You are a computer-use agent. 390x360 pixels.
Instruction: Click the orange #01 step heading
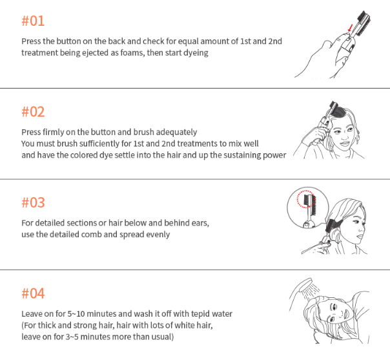(33, 21)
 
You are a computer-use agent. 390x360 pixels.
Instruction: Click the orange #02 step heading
(33, 112)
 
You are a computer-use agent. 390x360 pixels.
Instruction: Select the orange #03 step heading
(33, 202)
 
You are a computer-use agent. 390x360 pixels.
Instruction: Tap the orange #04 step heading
(33, 293)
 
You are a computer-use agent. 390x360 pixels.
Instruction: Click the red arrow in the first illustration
(351, 28)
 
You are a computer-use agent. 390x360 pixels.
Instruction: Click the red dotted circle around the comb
(306, 199)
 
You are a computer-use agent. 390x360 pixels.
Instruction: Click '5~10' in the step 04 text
(76, 313)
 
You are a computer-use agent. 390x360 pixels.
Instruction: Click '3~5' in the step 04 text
(72, 337)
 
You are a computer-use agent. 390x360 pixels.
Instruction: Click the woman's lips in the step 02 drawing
(345, 143)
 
